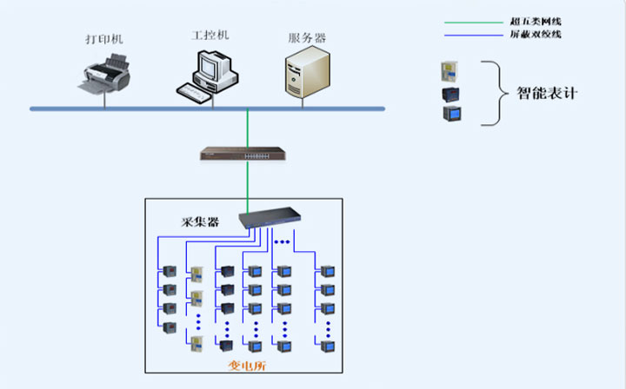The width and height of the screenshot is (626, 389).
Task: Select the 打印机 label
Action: (x=104, y=40)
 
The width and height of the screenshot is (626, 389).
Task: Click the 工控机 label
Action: (x=210, y=36)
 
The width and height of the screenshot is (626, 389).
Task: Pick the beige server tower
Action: (x=307, y=72)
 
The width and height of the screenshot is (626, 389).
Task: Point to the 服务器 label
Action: (x=306, y=39)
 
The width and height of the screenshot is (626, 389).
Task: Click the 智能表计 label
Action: (x=548, y=92)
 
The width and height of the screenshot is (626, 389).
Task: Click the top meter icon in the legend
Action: (x=450, y=69)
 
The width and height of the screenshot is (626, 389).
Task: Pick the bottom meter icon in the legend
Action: (x=450, y=114)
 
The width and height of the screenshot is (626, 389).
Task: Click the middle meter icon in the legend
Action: (x=450, y=93)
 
